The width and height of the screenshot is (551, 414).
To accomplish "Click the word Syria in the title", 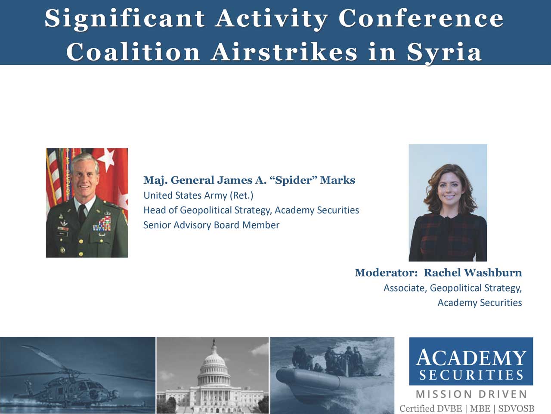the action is click(444, 52).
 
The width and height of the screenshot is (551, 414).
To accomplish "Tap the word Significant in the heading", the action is click(125, 19).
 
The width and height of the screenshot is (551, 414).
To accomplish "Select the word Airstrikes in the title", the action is click(284, 51).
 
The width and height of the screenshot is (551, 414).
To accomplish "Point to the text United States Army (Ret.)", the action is click(198, 195).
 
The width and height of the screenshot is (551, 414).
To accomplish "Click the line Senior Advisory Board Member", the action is click(211, 225).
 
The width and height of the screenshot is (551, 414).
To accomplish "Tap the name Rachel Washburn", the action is click(473, 273).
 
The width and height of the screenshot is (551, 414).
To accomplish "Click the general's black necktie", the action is click(82, 214).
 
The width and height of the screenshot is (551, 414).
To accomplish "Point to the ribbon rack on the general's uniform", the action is click(102, 224).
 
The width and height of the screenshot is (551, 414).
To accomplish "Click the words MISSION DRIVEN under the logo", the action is click(471, 394).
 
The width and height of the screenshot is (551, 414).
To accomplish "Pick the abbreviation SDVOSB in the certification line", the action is click(516, 409).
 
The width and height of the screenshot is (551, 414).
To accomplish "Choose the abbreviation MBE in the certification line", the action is click(480, 409).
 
